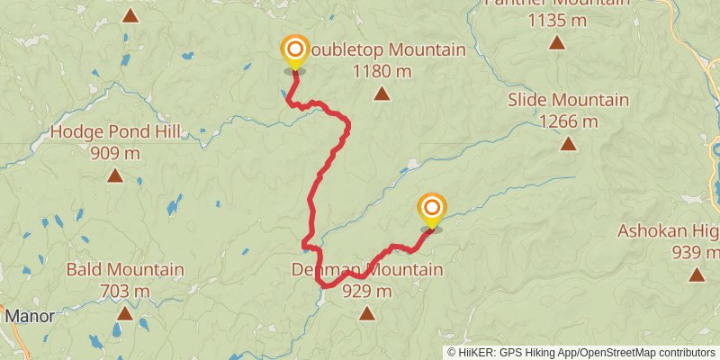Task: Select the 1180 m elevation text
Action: tap(382, 70)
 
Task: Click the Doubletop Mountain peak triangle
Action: tap(382, 94)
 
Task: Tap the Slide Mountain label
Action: tap(567, 99)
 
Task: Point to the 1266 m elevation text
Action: tap(567, 121)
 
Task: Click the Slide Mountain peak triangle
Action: tap(568, 144)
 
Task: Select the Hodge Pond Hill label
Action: tap(114, 132)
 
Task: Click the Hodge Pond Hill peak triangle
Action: tap(115, 175)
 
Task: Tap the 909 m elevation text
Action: tap(115, 152)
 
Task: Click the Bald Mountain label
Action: tap(125, 269)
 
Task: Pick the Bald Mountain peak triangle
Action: tap(125, 313)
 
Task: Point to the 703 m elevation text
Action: tap(125, 290)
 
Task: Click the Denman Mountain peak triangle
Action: tap(366, 313)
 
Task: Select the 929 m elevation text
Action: tap(366, 290)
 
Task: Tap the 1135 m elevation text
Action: tap(556, 18)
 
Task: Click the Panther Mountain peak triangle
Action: tap(557, 41)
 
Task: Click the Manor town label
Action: tap(30, 316)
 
